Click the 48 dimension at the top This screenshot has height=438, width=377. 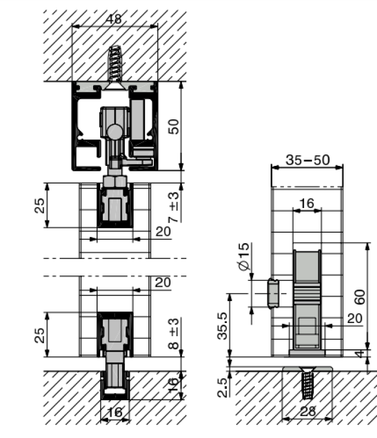pos(114,19)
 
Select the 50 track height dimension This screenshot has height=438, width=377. pos(173,126)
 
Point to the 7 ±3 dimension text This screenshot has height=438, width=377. pos(174,207)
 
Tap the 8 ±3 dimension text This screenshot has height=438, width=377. pos(174,333)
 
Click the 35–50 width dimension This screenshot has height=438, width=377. pos(307,160)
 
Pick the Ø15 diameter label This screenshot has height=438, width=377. pos(244,257)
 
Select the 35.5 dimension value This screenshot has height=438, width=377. pos(223,326)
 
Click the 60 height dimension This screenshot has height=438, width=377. pos(359,297)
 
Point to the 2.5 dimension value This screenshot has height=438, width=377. pos(222,388)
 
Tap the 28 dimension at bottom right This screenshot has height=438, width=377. pos(308,411)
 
